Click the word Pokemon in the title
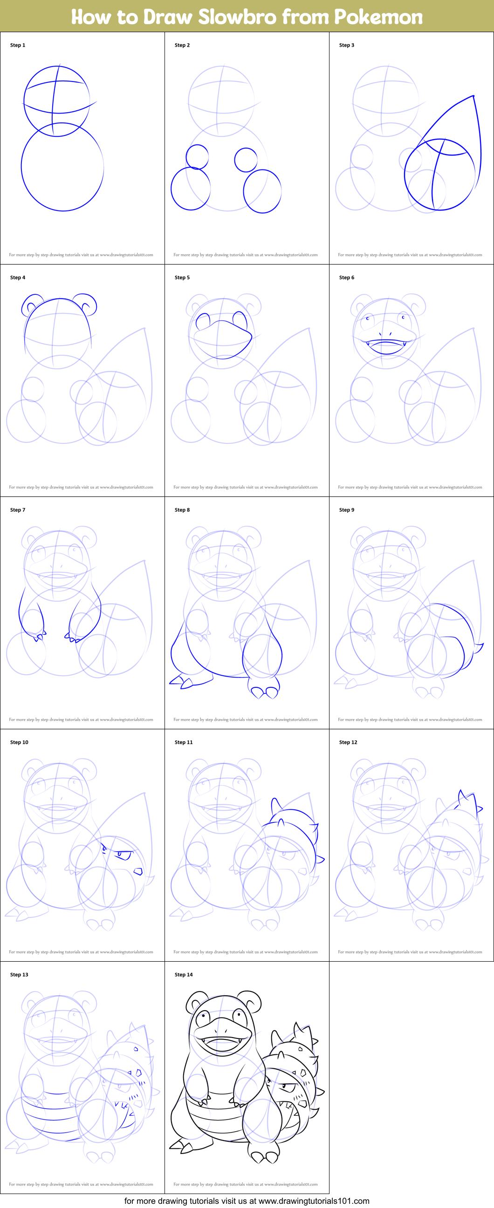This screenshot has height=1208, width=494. pyautogui.click(x=378, y=17)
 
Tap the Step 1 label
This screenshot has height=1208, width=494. pyautogui.click(x=18, y=45)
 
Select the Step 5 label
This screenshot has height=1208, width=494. pyautogui.click(x=182, y=277)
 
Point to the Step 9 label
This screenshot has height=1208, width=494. pyautogui.click(x=347, y=510)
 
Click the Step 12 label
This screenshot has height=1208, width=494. pyautogui.click(x=348, y=742)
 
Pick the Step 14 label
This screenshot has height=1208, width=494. pyautogui.click(x=184, y=975)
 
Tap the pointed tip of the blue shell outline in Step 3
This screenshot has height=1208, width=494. pyautogui.click(x=473, y=96)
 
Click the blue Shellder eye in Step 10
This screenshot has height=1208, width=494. pyautogui.click(x=124, y=855)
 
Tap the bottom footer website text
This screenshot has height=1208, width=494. pyautogui.click(x=247, y=1201)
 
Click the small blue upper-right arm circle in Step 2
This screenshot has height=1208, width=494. pyautogui.click(x=246, y=159)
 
